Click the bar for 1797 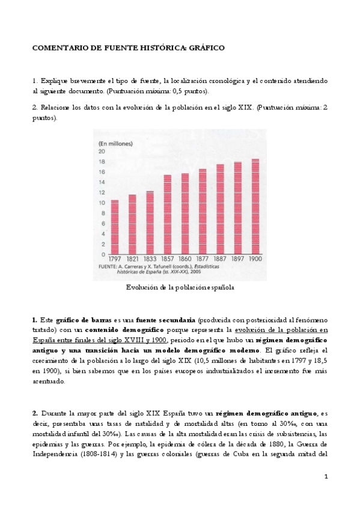click(x=114, y=226)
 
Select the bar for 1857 click(x=167, y=214)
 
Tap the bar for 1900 click(x=255, y=206)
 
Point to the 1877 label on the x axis click(x=202, y=259)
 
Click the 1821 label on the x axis click(x=132, y=259)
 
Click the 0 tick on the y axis click(x=103, y=254)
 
